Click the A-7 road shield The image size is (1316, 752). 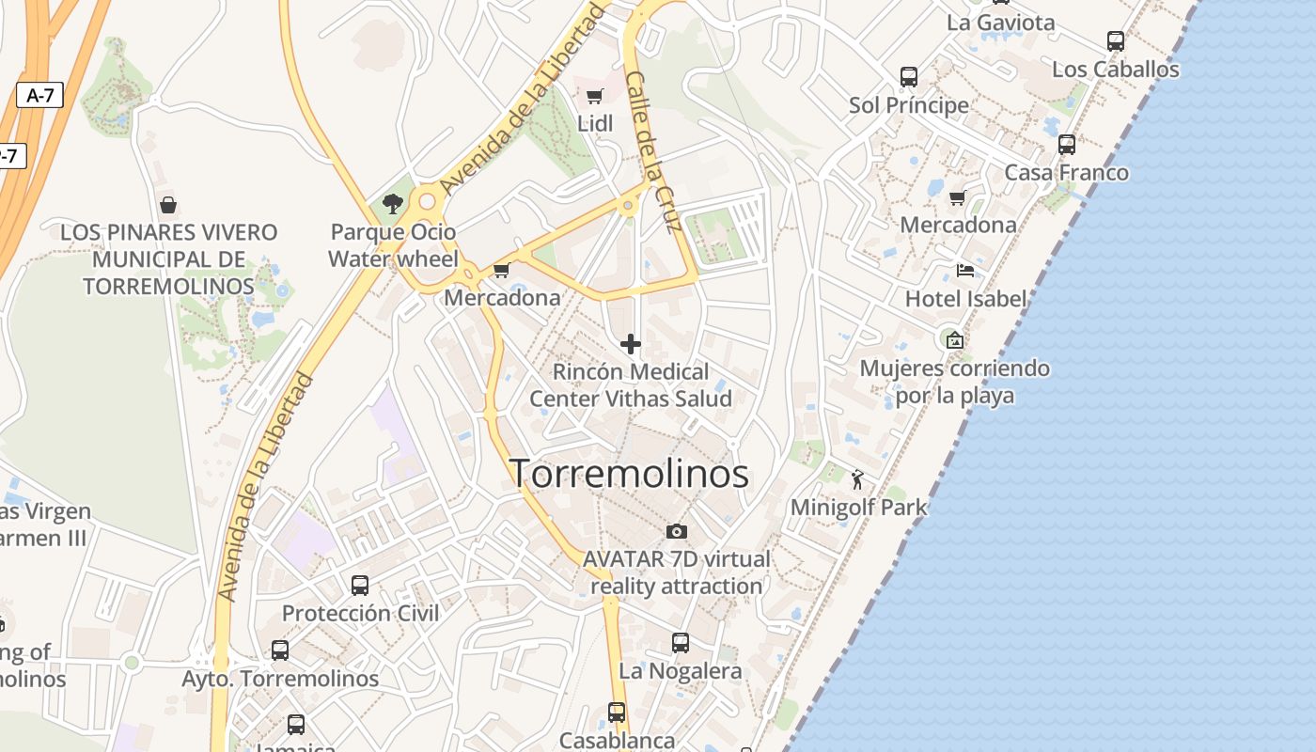39,94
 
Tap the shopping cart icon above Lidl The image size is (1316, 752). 594,96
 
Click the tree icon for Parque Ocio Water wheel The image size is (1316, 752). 393,204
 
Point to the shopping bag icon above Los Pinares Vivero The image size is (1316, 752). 168,204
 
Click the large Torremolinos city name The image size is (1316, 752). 629,474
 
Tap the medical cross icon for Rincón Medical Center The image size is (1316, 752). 631,344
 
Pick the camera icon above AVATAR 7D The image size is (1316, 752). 676,532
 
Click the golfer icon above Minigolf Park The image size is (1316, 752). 857,481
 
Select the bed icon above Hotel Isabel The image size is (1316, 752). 965,272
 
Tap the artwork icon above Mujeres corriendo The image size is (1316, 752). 955,340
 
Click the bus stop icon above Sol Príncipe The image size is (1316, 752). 908,77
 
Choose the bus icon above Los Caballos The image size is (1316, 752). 1116,41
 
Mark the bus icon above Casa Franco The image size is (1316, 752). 1067,145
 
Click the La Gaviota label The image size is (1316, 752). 1001,23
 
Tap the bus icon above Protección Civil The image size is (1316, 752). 360,586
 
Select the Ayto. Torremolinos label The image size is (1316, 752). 280,679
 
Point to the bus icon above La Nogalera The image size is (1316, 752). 681,643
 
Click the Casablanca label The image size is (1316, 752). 617,741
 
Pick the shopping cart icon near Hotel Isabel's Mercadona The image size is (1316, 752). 958,197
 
